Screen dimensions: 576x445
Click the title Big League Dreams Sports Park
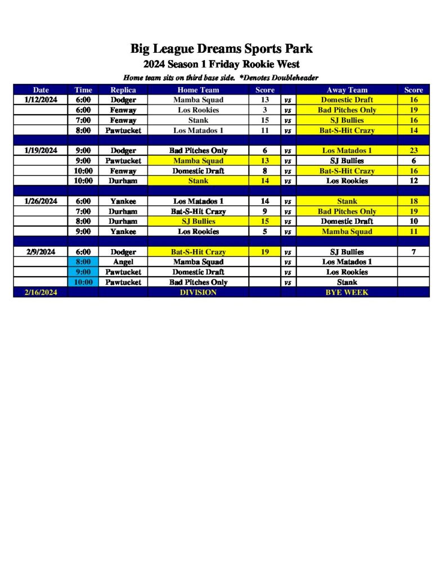[x=222, y=48]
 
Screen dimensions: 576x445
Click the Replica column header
[x=123, y=89]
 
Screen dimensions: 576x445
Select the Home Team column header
[x=198, y=89]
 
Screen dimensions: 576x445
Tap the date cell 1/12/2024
[x=41, y=100]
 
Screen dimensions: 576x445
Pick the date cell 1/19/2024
[x=41, y=151]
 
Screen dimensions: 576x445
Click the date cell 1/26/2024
[x=41, y=201]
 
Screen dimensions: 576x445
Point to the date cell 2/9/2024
[x=41, y=252]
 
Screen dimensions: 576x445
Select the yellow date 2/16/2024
[x=41, y=292]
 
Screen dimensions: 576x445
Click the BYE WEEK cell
[x=347, y=292]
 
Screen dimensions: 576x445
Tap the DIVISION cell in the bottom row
[x=198, y=292]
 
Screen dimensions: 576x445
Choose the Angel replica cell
[x=123, y=262]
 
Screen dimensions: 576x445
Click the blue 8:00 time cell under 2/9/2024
[x=83, y=262]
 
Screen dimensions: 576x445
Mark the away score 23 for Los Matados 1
[x=413, y=151]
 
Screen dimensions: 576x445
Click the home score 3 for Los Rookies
[x=265, y=110]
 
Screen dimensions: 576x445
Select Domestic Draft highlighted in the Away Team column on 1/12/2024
[x=347, y=100]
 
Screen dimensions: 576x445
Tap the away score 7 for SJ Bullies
[x=413, y=252]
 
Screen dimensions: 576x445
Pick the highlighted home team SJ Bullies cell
[x=198, y=221]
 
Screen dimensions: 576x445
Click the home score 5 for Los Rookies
[x=265, y=231]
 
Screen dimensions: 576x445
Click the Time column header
[x=83, y=89]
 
